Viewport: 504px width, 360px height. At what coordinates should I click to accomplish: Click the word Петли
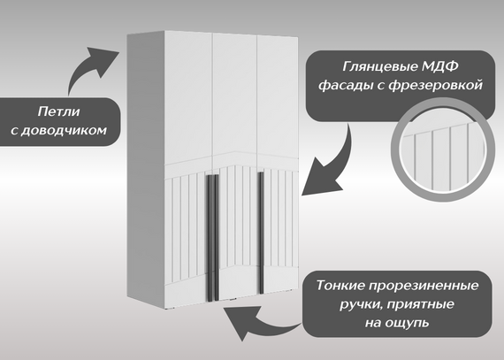(58, 111)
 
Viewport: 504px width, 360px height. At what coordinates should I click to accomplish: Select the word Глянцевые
(379, 67)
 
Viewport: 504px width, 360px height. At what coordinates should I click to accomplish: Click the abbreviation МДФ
(440, 67)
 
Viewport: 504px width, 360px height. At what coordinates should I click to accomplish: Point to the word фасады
(347, 86)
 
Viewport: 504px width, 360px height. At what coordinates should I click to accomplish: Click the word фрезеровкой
(436, 86)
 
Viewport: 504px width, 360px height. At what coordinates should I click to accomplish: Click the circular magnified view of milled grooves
(443, 150)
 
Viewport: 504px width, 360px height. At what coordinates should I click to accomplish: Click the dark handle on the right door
(261, 233)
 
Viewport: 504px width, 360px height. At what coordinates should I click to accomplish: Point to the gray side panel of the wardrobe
(146, 167)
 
